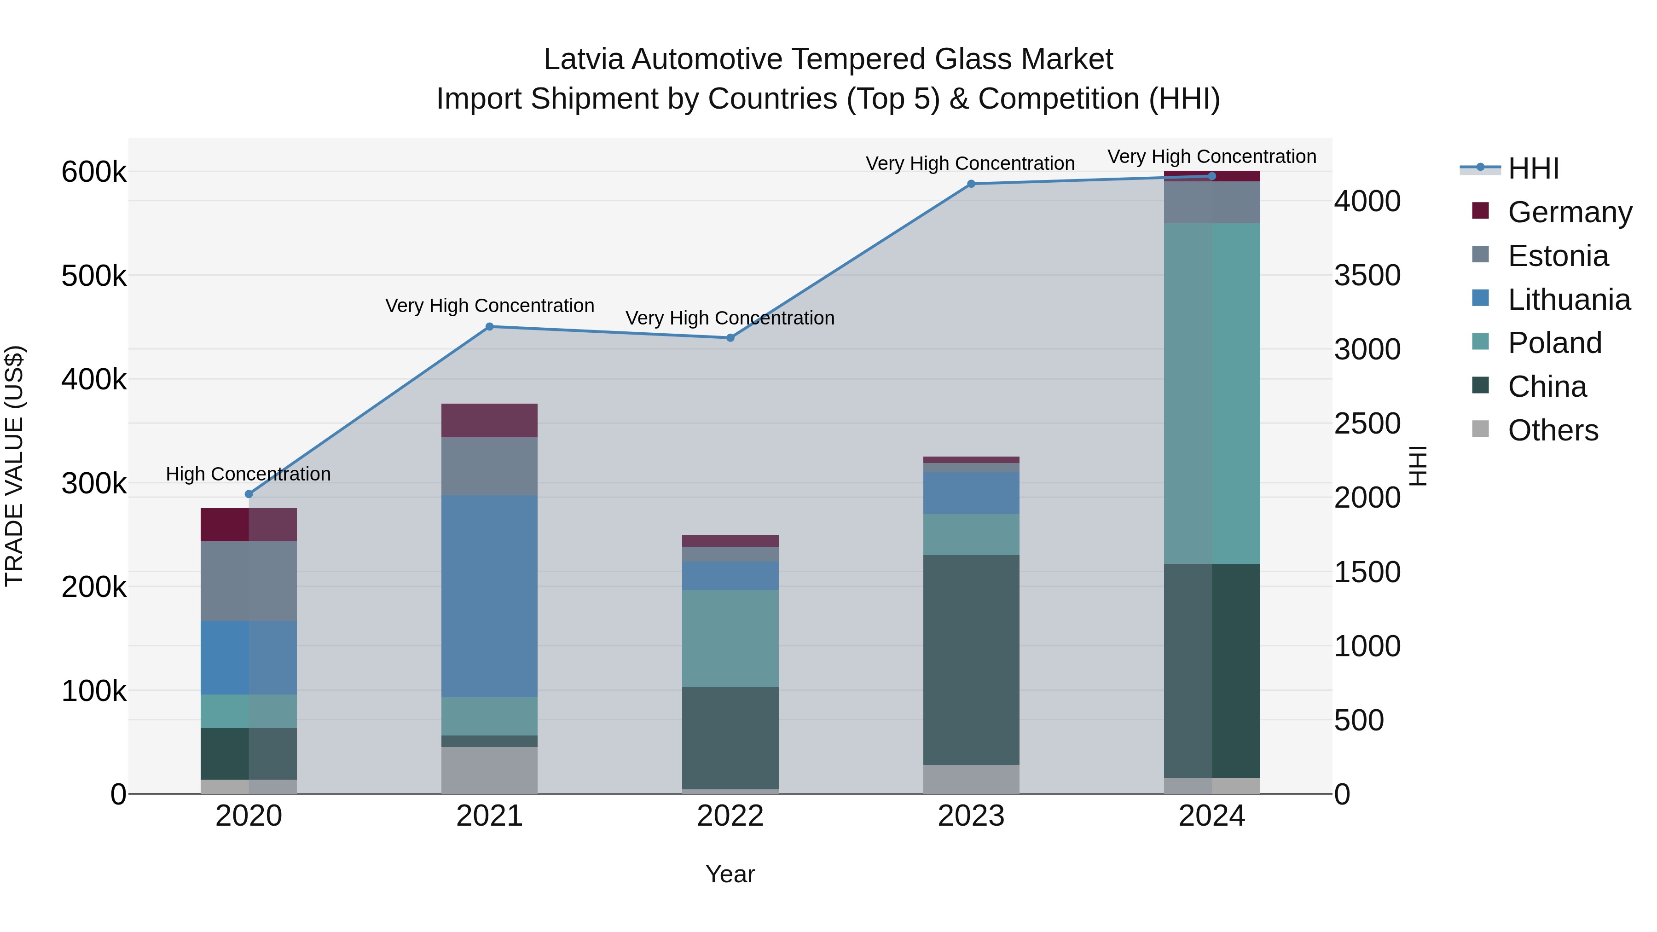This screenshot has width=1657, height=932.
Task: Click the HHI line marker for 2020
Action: coord(249,494)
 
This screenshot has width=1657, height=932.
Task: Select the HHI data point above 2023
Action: coord(971,184)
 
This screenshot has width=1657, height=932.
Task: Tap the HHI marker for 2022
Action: coord(730,338)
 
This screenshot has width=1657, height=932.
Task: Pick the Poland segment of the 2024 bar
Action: coord(1212,393)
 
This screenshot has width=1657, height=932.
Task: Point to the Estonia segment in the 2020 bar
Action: coord(249,581)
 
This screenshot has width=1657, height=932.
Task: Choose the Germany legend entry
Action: coord(1570,212)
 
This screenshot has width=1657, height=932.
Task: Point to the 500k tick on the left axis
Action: coord(94,277)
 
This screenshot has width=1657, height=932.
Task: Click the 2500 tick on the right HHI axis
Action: coord(1367,424)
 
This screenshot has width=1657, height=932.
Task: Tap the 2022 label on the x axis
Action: coord(730,816)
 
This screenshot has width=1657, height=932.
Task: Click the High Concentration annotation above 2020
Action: coord(248,474)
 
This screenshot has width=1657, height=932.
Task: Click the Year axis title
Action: coord(730,874)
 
